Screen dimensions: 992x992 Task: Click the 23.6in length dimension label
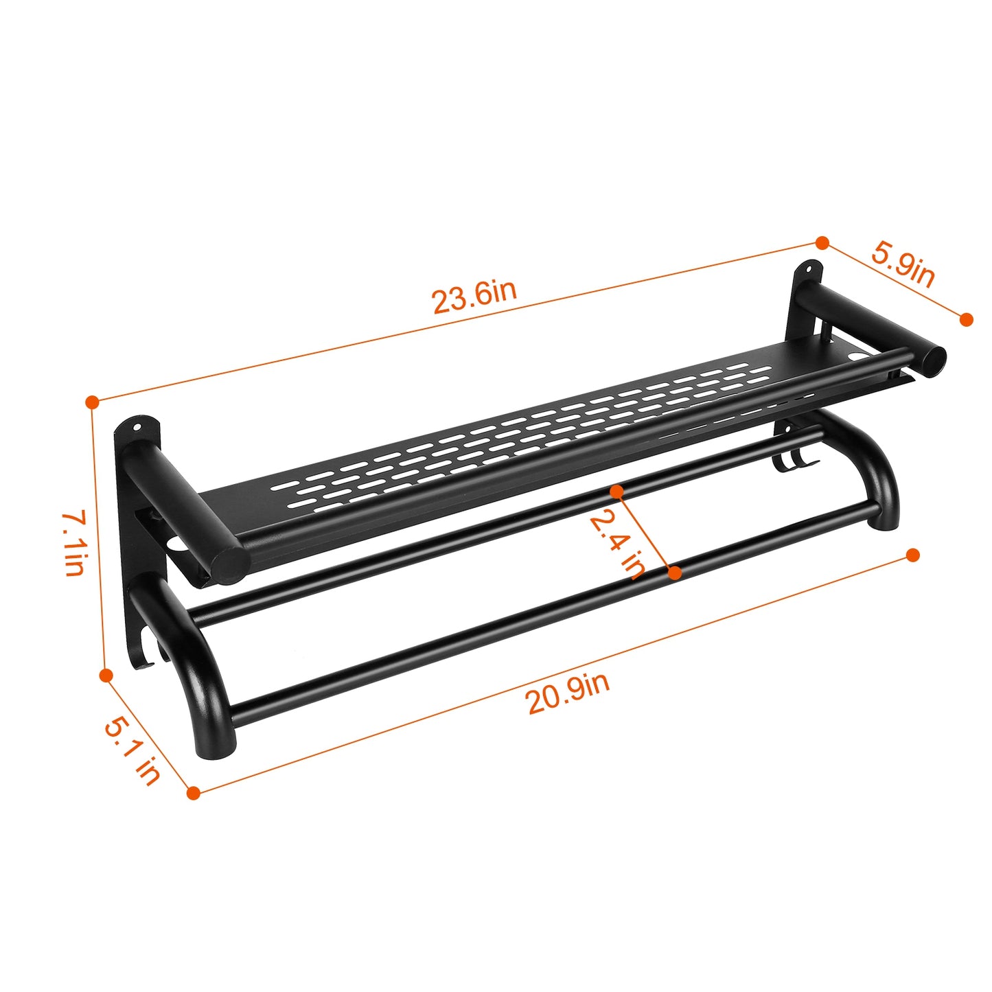pos(474,296)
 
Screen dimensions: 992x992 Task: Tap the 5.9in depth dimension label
pos(903,264)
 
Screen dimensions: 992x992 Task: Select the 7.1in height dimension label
pos(74,542)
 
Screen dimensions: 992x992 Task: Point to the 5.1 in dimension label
pos(132,750)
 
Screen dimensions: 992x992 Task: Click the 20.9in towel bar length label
pos(568,693)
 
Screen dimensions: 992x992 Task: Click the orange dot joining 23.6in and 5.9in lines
pos(822,242)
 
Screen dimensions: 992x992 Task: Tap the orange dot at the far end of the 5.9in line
pos(966,319)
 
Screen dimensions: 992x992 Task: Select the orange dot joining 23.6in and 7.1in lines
pos(92,402)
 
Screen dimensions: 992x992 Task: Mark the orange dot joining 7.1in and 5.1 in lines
pos(106,676)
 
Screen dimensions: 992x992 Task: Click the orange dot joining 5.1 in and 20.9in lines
pos(194,793)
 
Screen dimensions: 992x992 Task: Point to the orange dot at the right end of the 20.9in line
pos(912,555)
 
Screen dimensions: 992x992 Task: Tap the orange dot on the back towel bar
pos(616,491)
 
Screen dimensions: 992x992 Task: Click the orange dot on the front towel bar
pos(675,572)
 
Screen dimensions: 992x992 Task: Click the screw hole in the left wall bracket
pos(137,428)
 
